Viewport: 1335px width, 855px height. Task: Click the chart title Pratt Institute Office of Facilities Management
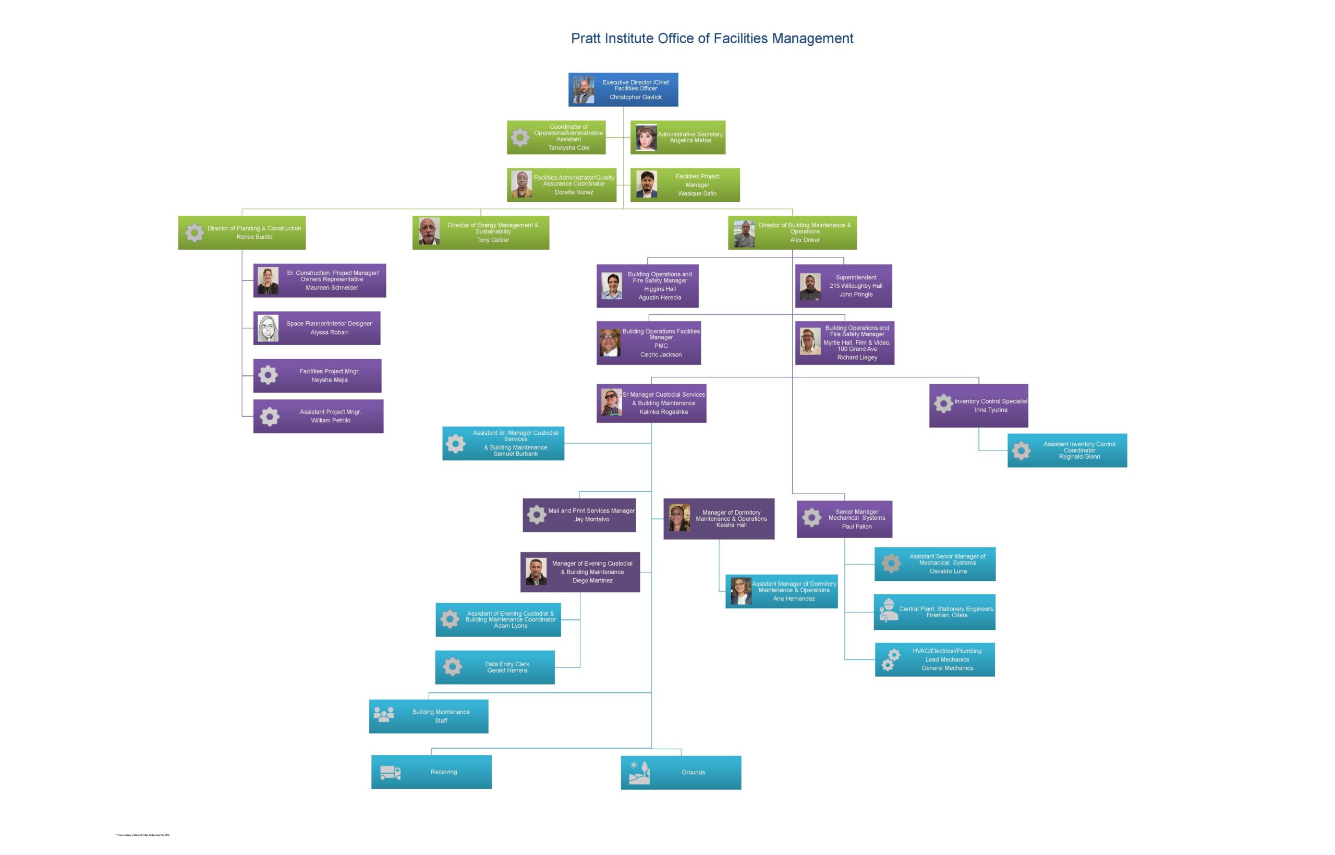(x=711, y=38)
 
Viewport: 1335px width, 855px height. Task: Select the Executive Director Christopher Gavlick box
(x=623, y=89)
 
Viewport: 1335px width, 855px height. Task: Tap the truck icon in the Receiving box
(x=391, y=772)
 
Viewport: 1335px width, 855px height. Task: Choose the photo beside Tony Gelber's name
(x=429, y=231)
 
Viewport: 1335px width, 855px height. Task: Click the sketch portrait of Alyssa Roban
(x=268, y=328)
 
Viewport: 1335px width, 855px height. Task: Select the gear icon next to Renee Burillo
(x=195, y=232)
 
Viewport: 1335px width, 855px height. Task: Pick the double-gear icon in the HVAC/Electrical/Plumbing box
(x=891, y=659)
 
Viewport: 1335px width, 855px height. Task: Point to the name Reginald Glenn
(x=1079, y=457)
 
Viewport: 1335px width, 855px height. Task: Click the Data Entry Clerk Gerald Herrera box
(x=495, y=667)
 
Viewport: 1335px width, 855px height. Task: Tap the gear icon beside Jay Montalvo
(x=537, y=515)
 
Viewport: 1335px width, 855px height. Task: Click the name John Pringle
(x=856, y=294)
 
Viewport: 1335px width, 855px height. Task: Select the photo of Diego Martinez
(x=536, y=572)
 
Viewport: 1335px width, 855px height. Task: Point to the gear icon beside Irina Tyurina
(x=943, y=404)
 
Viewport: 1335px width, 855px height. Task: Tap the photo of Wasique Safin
(x=647, y=185)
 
